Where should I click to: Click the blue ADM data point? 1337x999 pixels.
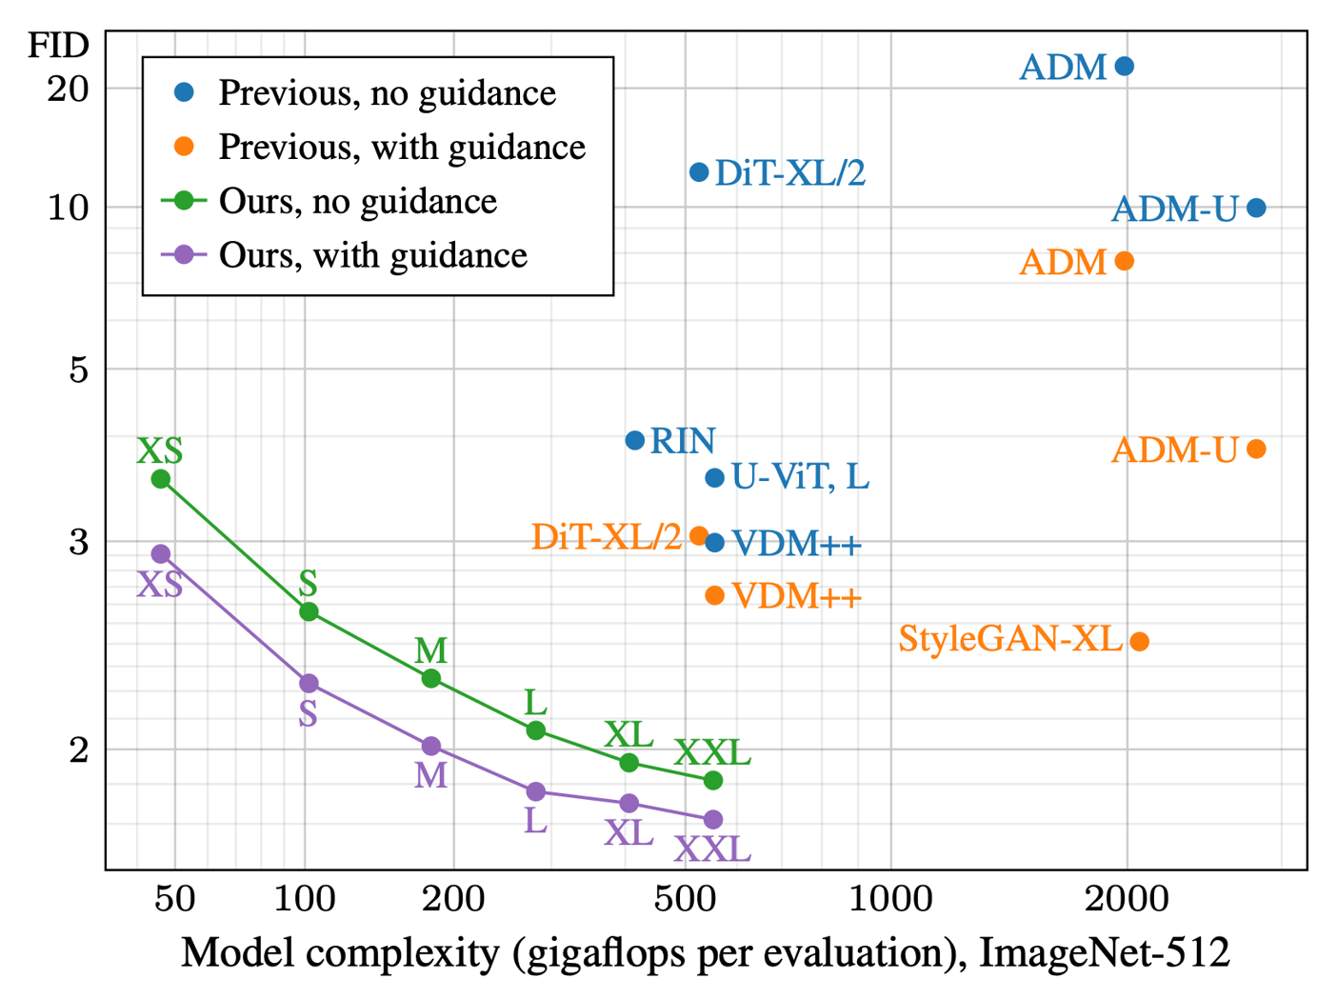1124,67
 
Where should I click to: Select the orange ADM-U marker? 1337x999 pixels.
1256,449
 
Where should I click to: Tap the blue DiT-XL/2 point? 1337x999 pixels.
699,172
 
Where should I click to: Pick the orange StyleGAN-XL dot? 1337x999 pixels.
1139,641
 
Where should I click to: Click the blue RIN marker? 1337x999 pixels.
634,440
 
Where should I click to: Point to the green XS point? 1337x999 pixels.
161,479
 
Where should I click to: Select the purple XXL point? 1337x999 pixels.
713,819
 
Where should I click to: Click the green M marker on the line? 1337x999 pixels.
431,678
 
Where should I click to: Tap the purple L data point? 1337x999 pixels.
536,791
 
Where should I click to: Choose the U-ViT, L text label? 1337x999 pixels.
800,477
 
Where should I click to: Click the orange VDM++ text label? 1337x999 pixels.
797,597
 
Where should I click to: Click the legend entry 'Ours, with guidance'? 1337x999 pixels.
372,255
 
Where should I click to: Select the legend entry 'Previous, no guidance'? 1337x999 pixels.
387,92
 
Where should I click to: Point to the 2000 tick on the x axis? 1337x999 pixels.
1127,899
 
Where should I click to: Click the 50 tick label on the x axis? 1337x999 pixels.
175,899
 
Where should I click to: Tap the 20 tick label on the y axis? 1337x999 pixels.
68,89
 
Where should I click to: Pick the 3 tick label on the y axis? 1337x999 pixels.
78,542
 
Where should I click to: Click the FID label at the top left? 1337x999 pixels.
58,45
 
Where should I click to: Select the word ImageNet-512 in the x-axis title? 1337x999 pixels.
1105,953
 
